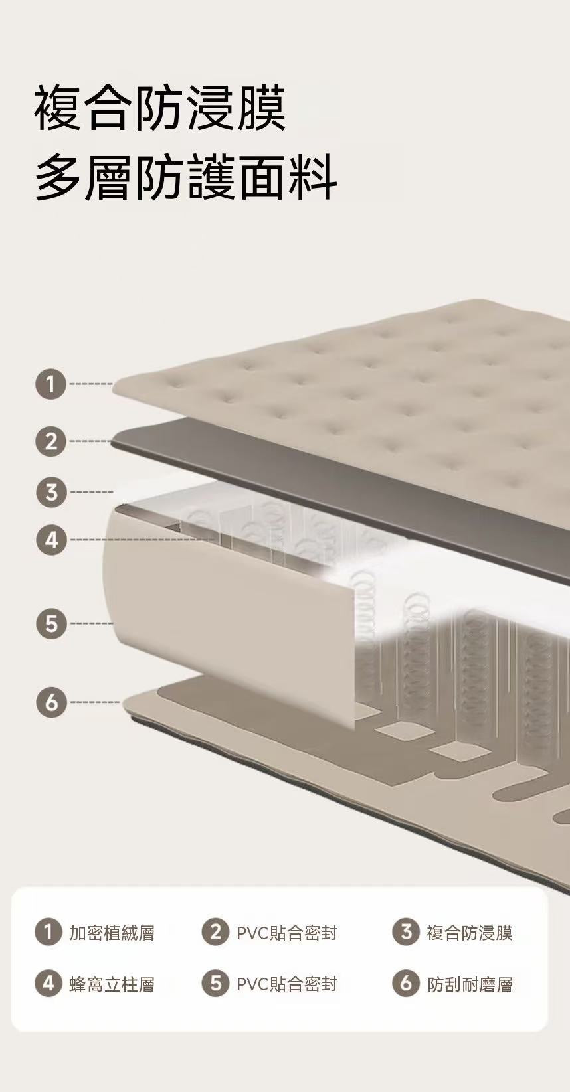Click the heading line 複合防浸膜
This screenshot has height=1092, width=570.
160,108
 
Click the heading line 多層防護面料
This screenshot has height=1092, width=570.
186,177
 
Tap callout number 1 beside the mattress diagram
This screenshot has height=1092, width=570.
50,384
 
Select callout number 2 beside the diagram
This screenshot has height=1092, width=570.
50,441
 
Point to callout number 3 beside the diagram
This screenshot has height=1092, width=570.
50,493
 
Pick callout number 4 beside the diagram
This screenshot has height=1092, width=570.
50,540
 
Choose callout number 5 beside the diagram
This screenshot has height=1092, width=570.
50,623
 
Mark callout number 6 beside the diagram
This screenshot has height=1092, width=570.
50,702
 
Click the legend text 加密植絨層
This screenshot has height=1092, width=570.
112,933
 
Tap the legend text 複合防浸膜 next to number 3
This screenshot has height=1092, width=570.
470,933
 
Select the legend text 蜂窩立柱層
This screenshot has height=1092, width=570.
112,985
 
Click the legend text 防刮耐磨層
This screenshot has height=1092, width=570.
470,985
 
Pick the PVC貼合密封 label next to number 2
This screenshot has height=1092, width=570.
287,933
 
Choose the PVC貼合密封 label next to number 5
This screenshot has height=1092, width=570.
287,984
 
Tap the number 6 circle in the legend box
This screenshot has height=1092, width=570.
406,984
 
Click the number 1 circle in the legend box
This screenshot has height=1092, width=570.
48,932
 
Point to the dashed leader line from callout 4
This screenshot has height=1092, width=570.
142,540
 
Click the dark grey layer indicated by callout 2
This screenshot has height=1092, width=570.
341,493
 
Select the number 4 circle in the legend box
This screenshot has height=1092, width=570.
48,984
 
